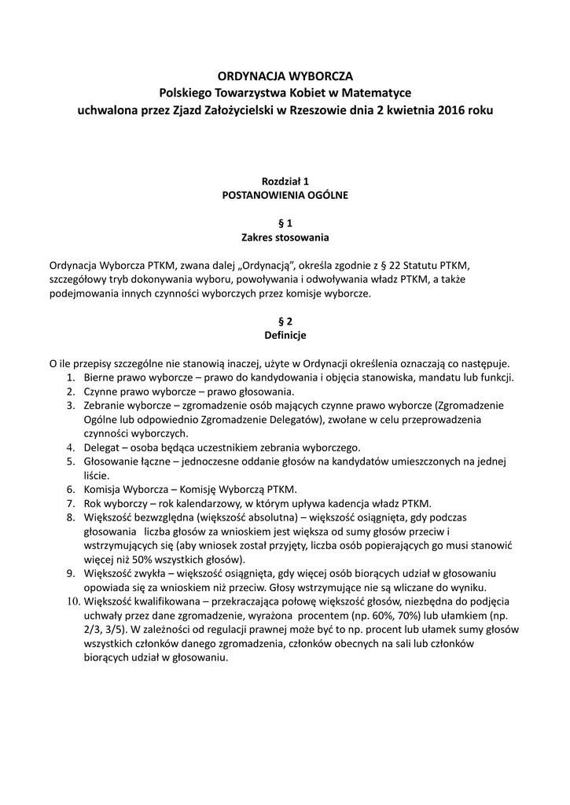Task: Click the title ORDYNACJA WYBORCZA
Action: [285, 76]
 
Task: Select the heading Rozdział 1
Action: [285, 181]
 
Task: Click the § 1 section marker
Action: [285, 222]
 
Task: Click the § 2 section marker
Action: [285, 321]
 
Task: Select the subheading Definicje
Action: [285, 335]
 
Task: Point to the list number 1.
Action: [70, 377]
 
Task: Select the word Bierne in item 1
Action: [100, 377]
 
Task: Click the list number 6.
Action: [70, 489]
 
